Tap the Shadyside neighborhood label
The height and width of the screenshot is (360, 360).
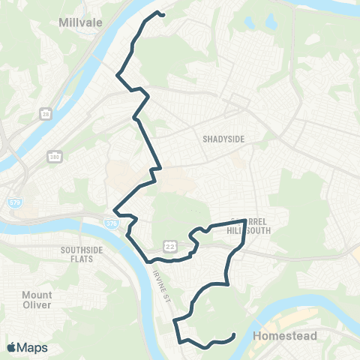tap(223, 138)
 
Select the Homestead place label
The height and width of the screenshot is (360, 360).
tap(285, 335)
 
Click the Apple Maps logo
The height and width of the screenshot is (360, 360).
tap(26, 347)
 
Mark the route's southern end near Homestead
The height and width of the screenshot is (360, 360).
tap(235, 334)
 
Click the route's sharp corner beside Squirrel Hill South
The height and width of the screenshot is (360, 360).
tap(245, 220)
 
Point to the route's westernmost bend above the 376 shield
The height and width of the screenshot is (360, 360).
tap(113, 211)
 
